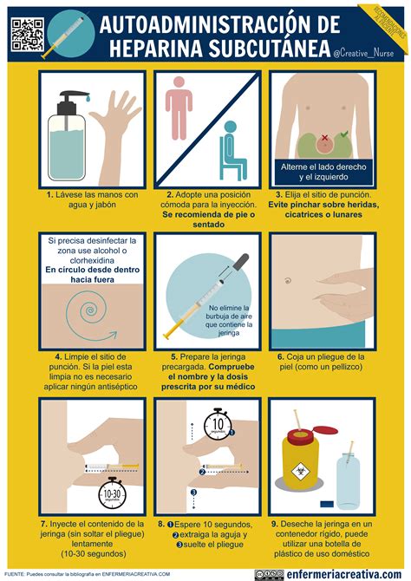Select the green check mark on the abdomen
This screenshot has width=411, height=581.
pyautogui.click(x=345, y=134)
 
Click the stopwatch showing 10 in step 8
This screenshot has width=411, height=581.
pyautogui.click(x=219, y=426)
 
